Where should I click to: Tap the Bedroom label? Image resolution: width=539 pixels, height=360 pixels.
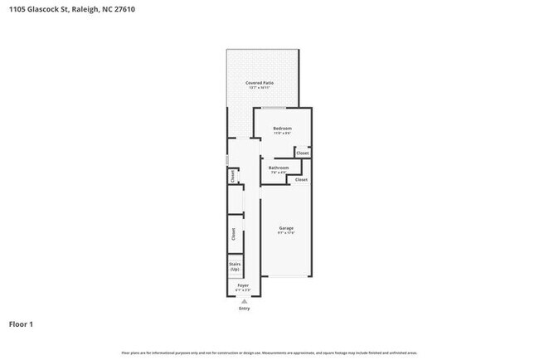282,129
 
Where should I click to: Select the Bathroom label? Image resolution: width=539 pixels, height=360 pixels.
278,168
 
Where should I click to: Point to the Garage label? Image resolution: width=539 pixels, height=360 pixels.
286,228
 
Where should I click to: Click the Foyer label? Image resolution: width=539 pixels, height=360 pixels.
243,285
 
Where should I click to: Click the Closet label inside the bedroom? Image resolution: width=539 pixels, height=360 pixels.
303,153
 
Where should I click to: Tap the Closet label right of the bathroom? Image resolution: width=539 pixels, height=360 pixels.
301,180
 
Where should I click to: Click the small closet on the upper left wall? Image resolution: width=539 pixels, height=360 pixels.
233,176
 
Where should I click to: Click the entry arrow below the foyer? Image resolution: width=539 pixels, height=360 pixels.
244,301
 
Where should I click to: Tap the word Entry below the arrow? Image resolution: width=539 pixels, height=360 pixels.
244,308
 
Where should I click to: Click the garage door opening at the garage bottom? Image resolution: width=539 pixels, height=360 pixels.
286,277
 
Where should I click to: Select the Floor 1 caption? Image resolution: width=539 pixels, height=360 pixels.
22,324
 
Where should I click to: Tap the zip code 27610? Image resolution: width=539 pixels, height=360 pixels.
122,9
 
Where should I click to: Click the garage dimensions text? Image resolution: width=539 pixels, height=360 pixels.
286,233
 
